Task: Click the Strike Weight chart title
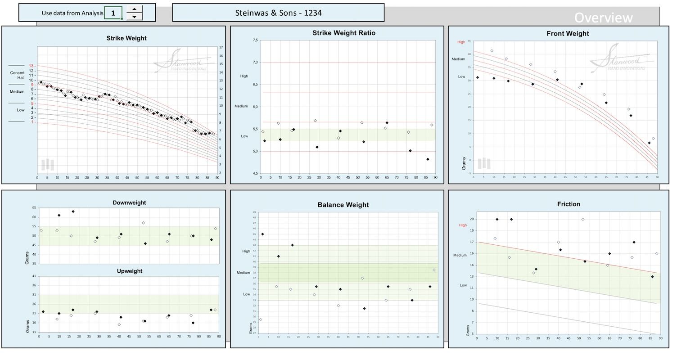[x=126, y=38]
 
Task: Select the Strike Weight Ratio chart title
[x=343, y=33]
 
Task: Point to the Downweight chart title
[x=129, y=202]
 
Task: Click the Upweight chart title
[x=129, y=271]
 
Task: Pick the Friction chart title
[x=568, y=204]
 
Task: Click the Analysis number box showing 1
[x=113, y=13]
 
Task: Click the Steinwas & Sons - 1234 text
[x=278, y=13]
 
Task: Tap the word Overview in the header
[x=603, y=18]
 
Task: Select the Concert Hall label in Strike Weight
[x=17, y=75]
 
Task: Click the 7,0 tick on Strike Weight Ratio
[x=255, y=63]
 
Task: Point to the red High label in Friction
[x=463, y=225]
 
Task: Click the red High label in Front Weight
[x=461, y=42]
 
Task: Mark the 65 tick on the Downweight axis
[x=34, y=208]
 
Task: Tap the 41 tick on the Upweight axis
[x=34, y=276]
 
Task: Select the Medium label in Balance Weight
[x=243, y=273]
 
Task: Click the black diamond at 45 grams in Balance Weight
[x=262, y=234]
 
